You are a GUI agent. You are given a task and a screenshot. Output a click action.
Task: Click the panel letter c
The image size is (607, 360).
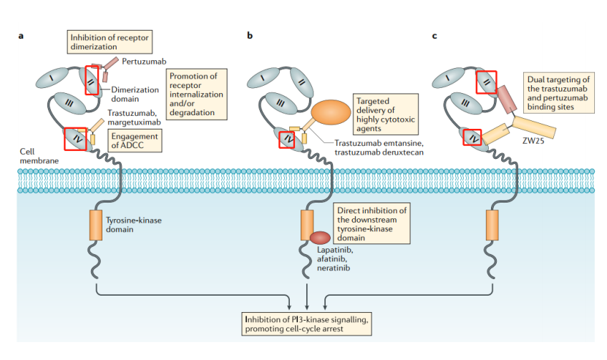434,34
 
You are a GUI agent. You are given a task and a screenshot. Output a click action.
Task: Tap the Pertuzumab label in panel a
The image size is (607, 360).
140,62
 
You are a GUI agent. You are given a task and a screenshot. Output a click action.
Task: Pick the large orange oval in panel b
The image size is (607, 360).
331,112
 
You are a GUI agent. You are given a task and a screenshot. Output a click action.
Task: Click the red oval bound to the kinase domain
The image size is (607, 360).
320,238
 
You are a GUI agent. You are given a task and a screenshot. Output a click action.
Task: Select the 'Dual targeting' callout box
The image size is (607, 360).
558,92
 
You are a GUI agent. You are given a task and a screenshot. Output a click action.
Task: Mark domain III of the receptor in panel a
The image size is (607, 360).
69,104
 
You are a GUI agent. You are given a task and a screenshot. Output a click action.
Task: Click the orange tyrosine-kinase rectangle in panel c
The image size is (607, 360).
492,225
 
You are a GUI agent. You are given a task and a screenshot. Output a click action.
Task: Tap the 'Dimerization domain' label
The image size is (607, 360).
134,94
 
